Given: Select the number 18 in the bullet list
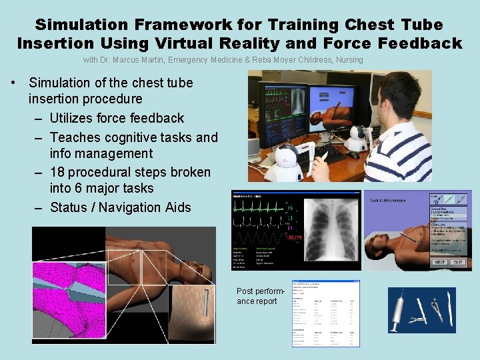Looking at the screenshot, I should tap(59, 172).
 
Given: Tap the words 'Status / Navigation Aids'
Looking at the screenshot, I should tap(120, 207).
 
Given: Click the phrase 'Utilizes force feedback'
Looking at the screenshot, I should tap(117, 118).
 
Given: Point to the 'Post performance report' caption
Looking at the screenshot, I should tap(261, 296).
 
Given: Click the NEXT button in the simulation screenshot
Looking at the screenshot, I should tap(441, 262).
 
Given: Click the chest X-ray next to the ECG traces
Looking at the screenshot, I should tap(327, 230).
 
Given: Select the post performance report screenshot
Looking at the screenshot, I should tap(325, 313).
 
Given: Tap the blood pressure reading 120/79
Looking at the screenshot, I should tap(294, 238).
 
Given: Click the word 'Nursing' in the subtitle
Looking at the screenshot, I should tap(349, 60).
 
